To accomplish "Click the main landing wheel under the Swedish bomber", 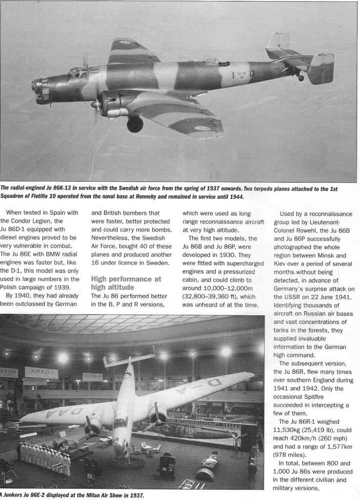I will (135, 124).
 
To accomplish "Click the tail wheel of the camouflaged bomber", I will (301, 77).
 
